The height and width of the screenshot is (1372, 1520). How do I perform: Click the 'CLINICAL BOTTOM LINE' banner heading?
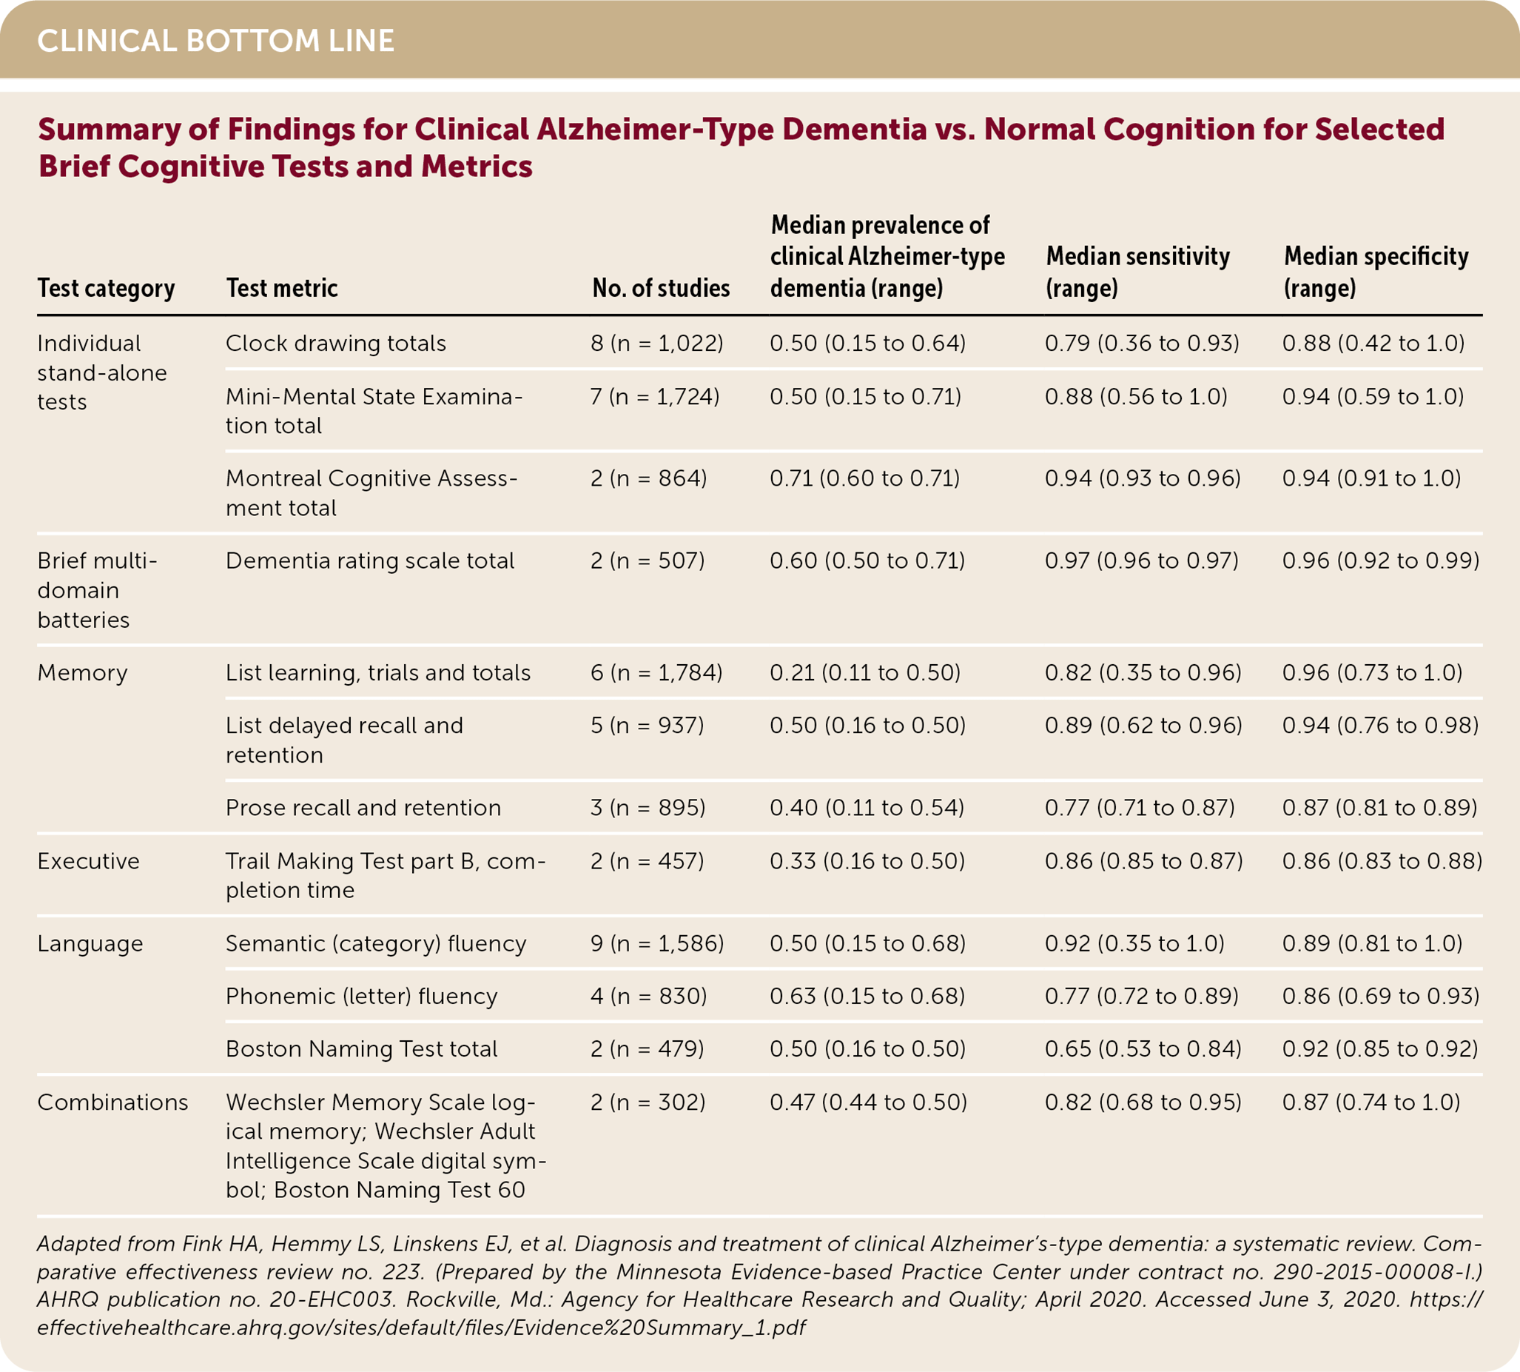[x=215, y=41]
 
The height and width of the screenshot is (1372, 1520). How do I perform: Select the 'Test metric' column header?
[x=282, y=288]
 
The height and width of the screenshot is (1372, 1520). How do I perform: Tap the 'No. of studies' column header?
[x=661, y=288]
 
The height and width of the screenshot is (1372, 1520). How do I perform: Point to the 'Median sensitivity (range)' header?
[x=1137, y=272]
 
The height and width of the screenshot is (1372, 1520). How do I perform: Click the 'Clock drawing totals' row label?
[x=335, y=344]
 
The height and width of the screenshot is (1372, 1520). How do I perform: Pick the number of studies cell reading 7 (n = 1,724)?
[x=655, y=397]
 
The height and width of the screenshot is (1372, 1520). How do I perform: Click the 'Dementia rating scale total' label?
[x=369, y=560]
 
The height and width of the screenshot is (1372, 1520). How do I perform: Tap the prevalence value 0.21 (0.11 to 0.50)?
[x=865, y=672]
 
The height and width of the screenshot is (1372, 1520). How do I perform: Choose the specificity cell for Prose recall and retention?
[x=1380, y=807]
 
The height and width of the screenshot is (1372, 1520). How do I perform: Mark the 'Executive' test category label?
[x=88, y=861]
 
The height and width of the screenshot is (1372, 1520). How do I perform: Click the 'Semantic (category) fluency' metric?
[x=375, y=944]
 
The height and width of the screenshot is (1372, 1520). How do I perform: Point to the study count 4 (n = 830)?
[x=649, y=997]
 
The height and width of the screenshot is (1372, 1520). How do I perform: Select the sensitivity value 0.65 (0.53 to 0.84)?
[x=1143, y=1048]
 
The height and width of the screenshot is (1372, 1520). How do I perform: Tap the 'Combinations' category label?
[x=112, y=1102]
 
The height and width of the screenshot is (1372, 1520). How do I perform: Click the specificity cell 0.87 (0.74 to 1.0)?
[x=1371, y=1102]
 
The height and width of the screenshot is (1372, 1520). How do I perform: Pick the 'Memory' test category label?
[x=82, y=672]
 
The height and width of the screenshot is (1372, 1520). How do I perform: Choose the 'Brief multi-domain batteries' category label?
[x=97, y=590]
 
